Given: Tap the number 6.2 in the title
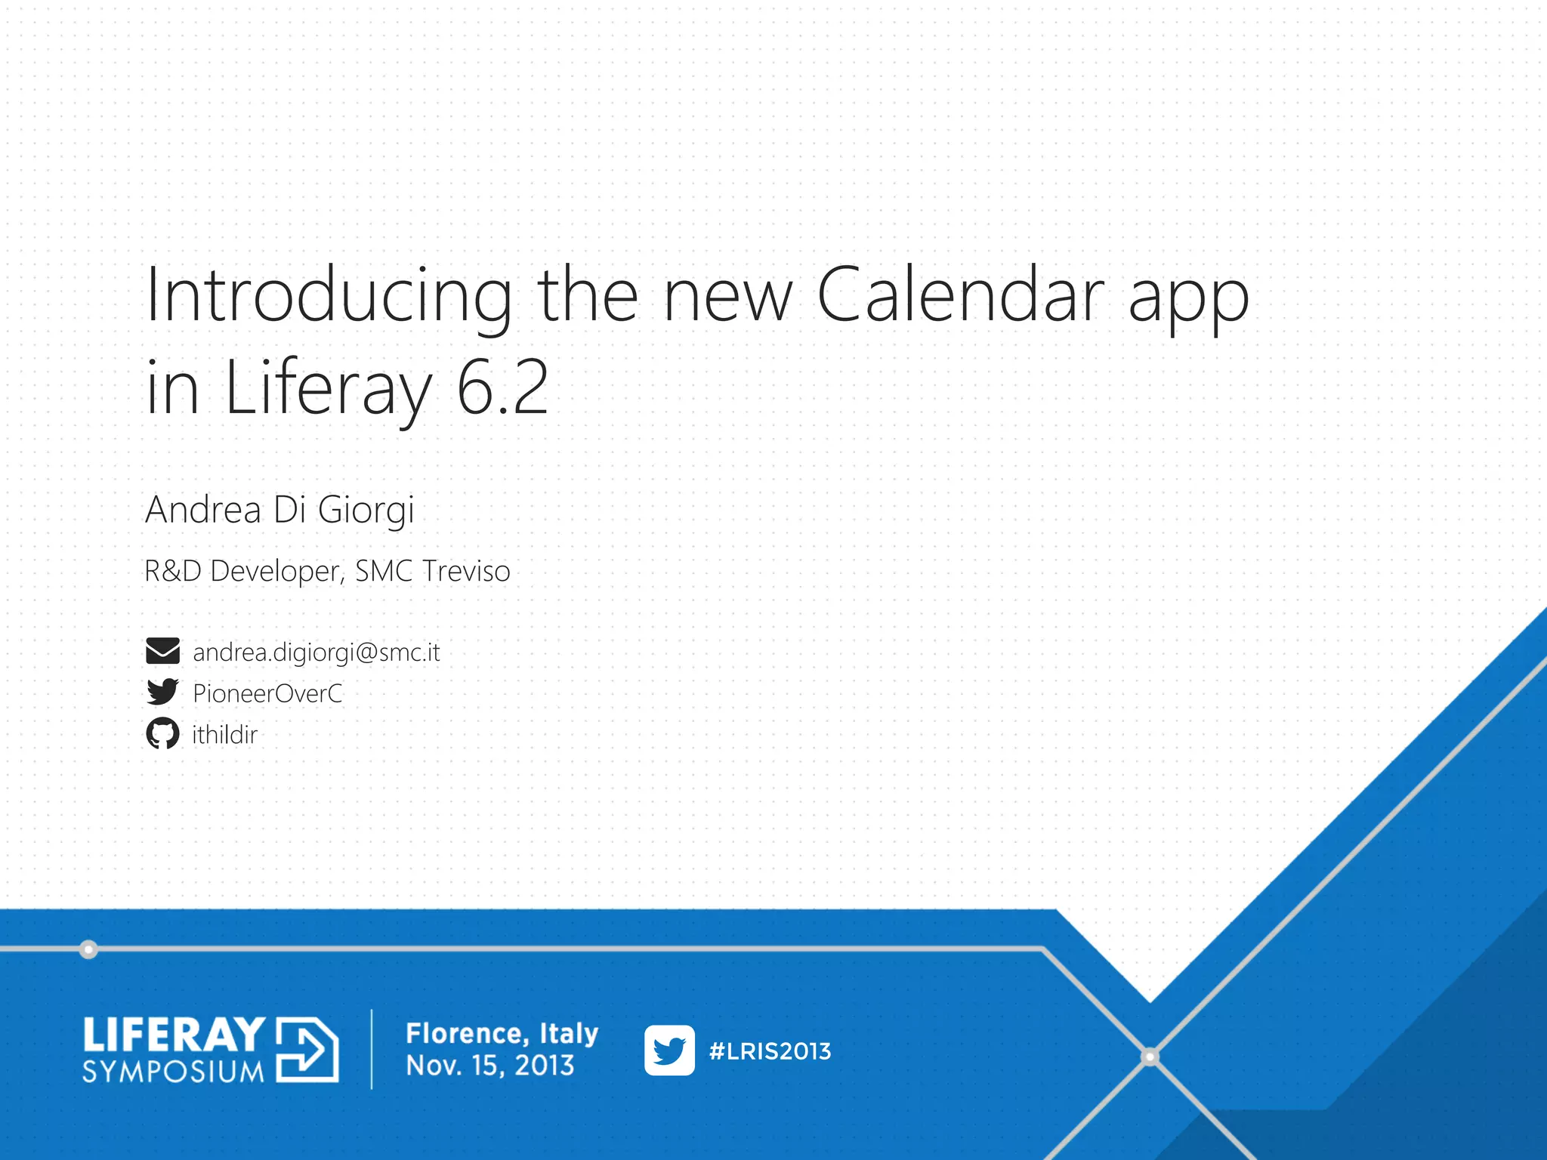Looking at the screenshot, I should point(502,388).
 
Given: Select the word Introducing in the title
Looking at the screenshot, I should point(329,296).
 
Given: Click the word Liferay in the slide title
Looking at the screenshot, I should point(329,388).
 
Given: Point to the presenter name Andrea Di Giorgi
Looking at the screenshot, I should point(279,510).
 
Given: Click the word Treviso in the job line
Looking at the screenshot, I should point(467,571).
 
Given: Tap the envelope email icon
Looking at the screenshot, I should point(162,651).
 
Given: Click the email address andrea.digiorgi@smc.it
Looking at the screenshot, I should point(316,652).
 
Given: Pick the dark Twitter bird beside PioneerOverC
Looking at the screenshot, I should point(162,692).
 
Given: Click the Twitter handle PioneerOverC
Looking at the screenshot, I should point(267,693).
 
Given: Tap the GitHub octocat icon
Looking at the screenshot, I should point(162,733).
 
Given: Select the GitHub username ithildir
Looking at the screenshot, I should point(224,734).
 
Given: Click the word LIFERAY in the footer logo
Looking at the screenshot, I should point(174,1035).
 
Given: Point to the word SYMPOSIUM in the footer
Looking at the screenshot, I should point(174,1072).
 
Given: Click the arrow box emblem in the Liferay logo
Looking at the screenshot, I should point(307,1050).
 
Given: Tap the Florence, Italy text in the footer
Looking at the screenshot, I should point(502,1032).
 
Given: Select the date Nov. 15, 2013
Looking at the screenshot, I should point(490,1066).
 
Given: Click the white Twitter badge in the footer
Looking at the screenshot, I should point(669,1050).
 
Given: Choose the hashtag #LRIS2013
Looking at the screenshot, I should point(770,1051).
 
